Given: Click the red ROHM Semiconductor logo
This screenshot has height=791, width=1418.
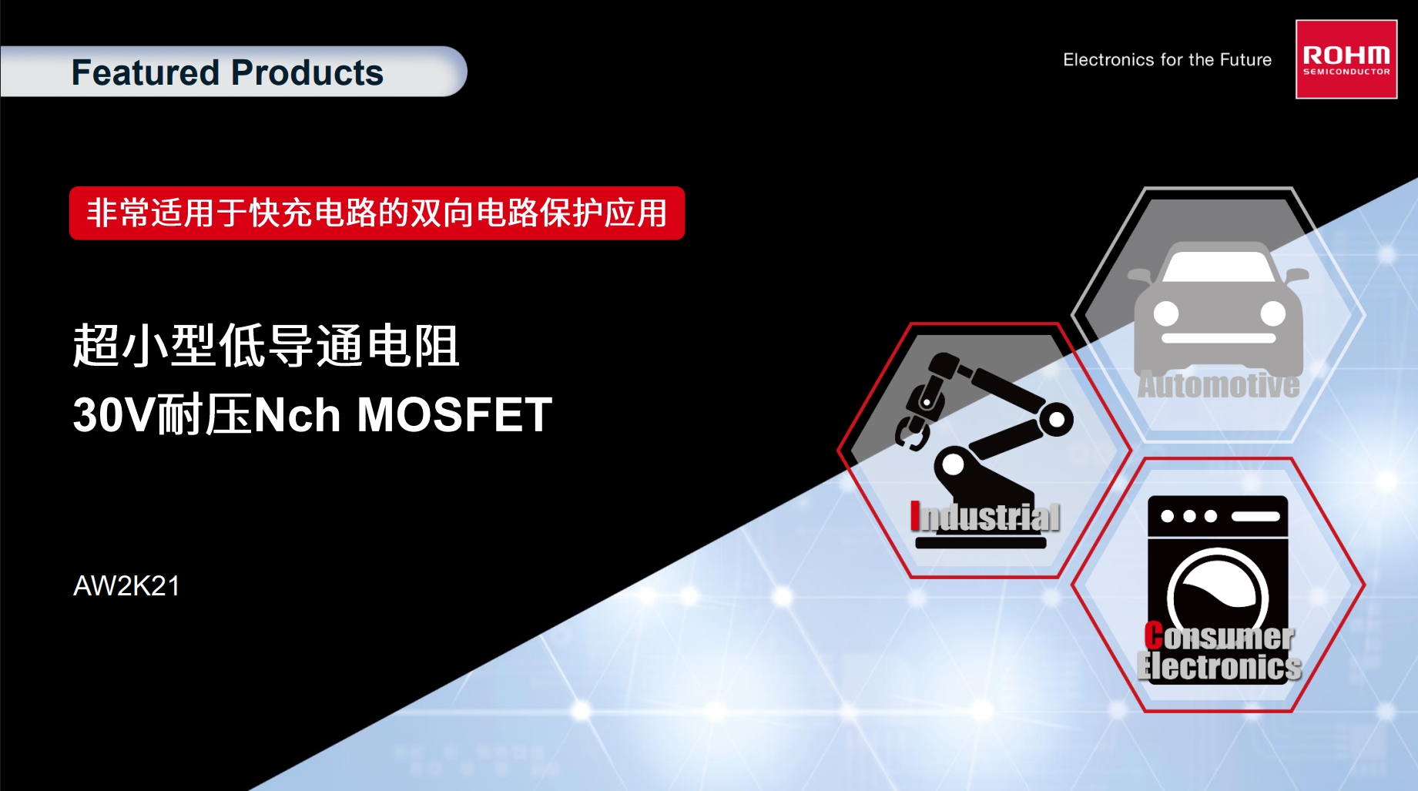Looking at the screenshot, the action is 1346,59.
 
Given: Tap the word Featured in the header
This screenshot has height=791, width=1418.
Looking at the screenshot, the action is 146,73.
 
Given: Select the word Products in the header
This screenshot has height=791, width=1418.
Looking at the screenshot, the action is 307,73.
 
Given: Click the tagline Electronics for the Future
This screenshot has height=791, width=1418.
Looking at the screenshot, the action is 1167,60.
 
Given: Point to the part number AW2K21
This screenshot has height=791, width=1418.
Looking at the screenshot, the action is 126,586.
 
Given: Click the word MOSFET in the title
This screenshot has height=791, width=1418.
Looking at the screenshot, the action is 454,415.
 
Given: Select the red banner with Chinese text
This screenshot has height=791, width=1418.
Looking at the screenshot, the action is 377,213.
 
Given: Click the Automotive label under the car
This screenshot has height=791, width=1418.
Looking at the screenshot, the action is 1219,385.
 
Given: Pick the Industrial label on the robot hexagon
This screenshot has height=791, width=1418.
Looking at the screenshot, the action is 985,517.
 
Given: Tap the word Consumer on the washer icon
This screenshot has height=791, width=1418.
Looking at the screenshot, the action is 1219,636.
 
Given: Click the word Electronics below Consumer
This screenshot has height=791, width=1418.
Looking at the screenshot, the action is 1219,666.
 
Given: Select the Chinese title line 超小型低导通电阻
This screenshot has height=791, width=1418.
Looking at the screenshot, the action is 266,346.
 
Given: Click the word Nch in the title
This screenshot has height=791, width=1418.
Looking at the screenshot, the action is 297,415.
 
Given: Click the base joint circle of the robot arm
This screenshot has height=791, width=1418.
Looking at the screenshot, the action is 954,464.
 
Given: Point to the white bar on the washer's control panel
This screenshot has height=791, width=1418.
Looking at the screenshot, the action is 1255,516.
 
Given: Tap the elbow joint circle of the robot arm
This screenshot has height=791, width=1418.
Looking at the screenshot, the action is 1056,420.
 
